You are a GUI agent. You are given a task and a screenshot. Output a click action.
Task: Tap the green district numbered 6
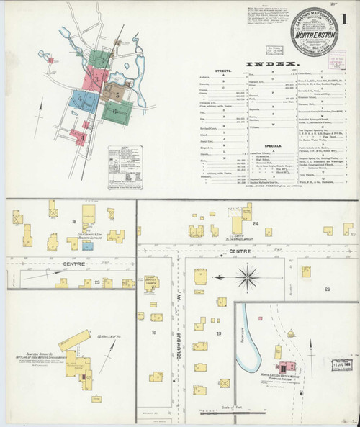[x=117, y=112]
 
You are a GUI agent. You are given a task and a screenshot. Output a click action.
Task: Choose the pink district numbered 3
[x=96, y=74]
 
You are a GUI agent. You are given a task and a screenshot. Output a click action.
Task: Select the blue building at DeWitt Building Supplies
[x=88, y=246]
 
